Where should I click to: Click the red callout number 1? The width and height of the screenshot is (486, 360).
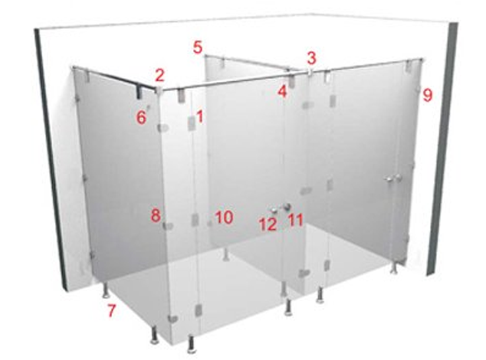200,117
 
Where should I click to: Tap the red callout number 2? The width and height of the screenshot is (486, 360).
160,75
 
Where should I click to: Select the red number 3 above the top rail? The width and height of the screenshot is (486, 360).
312,57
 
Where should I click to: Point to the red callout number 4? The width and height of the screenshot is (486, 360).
282,91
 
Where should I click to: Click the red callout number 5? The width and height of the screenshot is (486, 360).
197,48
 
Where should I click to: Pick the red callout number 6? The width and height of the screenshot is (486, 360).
141,118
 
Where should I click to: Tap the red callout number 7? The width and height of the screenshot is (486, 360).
112,310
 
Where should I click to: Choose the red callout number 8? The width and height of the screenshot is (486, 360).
156,215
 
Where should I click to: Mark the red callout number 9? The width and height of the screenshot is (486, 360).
427,95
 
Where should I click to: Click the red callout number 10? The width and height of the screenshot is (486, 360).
225,217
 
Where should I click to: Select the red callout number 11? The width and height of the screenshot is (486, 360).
295,220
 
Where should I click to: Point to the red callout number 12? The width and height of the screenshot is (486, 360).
268,225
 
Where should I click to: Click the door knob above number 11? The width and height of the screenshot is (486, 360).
287,207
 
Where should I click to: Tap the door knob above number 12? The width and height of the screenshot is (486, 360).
274,211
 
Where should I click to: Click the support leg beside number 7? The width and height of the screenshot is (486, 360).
106,290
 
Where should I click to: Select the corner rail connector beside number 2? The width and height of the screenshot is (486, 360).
159,90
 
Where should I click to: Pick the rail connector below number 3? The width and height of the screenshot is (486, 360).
310,72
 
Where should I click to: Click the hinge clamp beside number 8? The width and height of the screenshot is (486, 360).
168,226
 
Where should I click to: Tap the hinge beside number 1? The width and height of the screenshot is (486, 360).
191,122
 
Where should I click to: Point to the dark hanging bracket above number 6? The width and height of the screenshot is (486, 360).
139,92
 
